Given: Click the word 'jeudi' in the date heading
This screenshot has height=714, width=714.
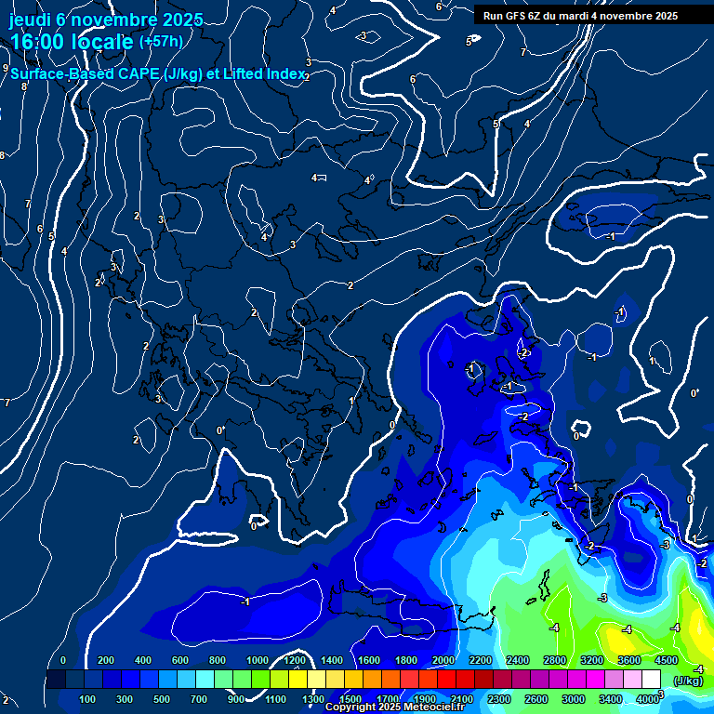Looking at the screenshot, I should click(30, 19).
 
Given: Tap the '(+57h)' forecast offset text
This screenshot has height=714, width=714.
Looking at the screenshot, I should click(161, 42).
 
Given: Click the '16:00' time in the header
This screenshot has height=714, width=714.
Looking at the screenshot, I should click(37, 42).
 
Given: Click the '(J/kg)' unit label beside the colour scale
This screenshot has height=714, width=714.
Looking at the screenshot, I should click(688, 681).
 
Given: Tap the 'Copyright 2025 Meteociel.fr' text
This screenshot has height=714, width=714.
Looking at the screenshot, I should click(394, 707).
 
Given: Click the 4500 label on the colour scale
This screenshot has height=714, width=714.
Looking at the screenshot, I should click(667, 660).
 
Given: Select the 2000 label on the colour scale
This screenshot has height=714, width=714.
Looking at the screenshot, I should click(443, 660).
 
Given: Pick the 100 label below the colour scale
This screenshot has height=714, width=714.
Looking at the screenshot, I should click(88, 699).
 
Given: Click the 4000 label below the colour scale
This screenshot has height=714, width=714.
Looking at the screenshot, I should click(648, 699).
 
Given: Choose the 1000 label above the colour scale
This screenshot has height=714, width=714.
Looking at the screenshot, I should click(258, 660).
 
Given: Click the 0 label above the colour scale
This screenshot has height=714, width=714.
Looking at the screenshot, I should click(63, 660).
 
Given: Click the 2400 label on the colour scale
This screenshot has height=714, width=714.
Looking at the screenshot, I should click(518, 660).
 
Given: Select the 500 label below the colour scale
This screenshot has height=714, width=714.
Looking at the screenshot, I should click(163, 699).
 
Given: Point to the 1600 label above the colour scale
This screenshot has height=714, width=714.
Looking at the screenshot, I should click(369, 660).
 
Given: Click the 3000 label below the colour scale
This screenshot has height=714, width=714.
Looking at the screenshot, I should click(574, 699).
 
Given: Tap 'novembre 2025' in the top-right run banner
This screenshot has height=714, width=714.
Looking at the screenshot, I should click(641, 16).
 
